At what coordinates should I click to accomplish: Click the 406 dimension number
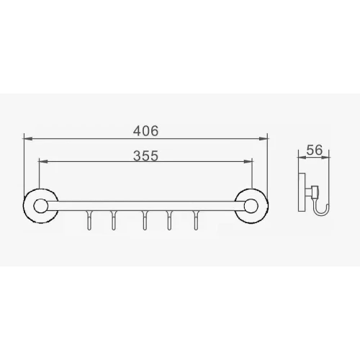point(146,131)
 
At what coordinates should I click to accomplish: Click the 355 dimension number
point(146,156)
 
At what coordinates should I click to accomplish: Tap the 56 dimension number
point(315,150)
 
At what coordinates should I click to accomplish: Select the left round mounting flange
point(41,206)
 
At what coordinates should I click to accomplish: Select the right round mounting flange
point(251,206)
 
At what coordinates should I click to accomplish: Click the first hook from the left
point(89,220)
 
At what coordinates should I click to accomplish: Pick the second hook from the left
point(114,220)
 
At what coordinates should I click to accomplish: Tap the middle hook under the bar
point(144,220)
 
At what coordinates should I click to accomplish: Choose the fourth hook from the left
point(169,220)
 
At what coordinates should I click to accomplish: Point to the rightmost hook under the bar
point(196,220)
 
